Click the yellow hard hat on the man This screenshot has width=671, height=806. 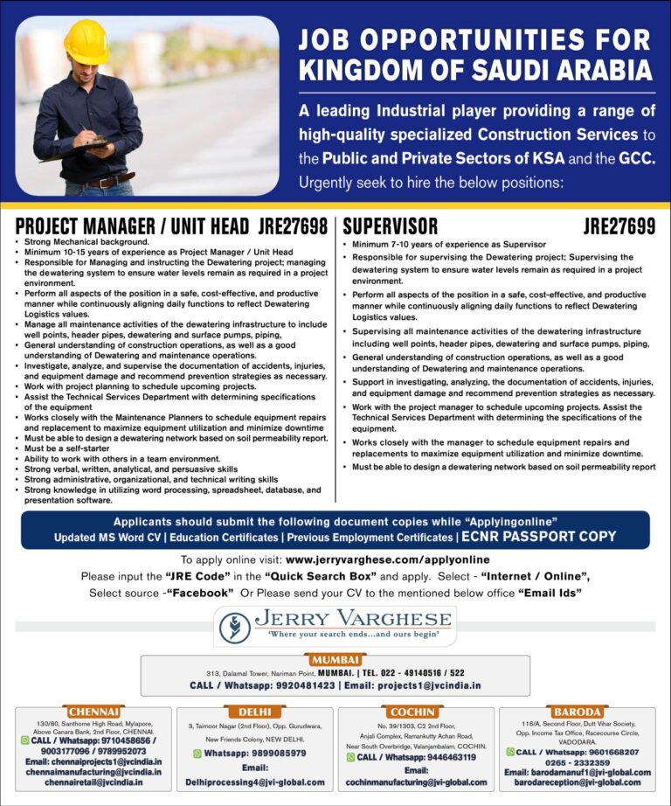pos(86,42)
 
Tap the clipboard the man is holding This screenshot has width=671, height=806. pos(74,149)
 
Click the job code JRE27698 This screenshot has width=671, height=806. pos(294,226)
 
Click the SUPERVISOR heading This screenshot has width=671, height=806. pos(390,226)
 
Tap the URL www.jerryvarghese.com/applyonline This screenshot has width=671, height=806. pos(387,559)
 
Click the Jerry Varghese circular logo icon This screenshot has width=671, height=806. pos(234,627)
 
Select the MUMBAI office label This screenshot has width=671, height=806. pos(335,658)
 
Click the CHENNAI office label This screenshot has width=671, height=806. pos(93,712)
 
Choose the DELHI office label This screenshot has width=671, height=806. pos(254,712)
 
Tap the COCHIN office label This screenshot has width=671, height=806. pos(415,712)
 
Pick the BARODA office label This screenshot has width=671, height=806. pos(576,712)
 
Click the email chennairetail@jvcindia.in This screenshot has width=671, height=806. pos(93,782)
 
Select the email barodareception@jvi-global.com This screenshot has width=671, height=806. pos(577,782)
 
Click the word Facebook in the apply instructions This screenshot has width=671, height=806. pos(198,592)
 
